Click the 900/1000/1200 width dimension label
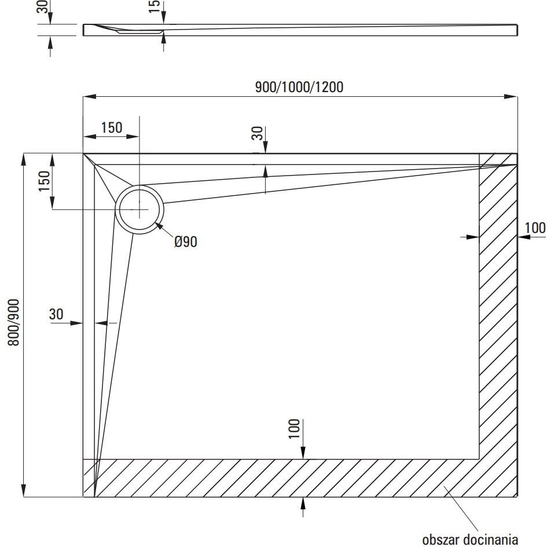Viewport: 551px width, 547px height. click(299, 87)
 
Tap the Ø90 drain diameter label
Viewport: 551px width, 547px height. click(185, 242)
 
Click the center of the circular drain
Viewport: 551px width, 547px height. click(140, 209)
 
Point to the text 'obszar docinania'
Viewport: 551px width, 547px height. click(469, 539)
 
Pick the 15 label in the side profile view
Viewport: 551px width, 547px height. click(154, 8)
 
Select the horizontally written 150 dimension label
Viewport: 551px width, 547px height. click(112, 127)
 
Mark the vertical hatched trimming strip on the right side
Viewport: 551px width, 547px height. click(498, 307)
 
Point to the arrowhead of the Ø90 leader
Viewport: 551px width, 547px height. click(157, 224)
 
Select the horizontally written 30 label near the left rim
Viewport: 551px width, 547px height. click(56, 315)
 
